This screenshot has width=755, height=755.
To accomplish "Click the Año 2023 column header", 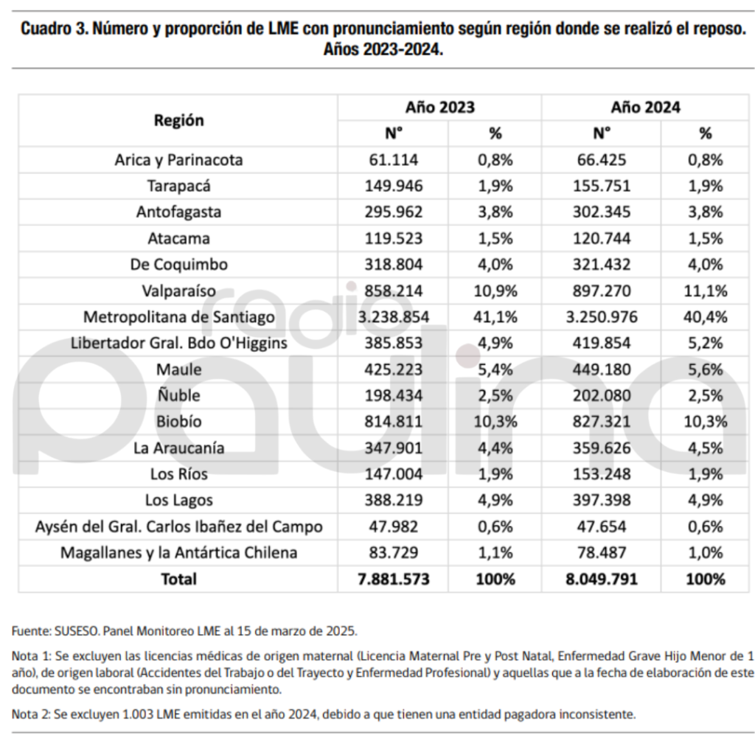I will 439,107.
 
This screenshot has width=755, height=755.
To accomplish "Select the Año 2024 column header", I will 645,107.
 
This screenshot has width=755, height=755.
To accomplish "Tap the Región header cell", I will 178,120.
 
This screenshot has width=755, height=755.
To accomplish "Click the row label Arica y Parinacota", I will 178,159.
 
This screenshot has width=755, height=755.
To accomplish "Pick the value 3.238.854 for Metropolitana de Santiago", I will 393,317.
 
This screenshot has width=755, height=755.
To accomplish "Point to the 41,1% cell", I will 495,317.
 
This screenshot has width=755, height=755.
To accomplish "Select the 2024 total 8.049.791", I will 602,579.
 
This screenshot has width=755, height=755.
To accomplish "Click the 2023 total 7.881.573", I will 393,579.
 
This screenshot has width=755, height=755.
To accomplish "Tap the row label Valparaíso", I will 178,290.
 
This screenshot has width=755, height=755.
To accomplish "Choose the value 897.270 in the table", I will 602,290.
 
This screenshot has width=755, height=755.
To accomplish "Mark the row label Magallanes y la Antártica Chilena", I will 178,552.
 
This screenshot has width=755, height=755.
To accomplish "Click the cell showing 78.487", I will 602,552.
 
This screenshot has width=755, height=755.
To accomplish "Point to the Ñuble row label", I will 178,395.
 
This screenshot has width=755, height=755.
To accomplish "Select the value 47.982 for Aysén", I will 393,526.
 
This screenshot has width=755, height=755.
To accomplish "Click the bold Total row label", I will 178,579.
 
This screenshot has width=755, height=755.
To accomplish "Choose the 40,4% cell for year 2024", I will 705,317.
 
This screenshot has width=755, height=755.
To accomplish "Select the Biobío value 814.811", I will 393,422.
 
